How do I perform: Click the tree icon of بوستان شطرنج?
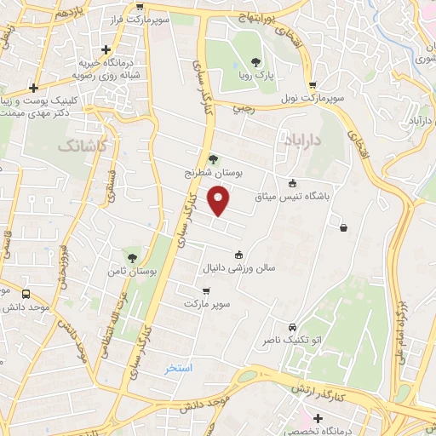pyautogui.click(x=213, y=158)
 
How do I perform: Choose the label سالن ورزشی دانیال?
pyautogui.click(x=238, y=267)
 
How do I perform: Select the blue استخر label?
pyautogui.click(x=180, y=368)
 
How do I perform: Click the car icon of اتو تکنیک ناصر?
pyautogui.click(x=293, y=327)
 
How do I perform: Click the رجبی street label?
pyautogui.click(x=244, y=108)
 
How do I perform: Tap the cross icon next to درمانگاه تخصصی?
pyautogui.click(x=318, y=418)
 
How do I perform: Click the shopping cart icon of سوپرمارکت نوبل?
pyautogui.click(x=313, y=85)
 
